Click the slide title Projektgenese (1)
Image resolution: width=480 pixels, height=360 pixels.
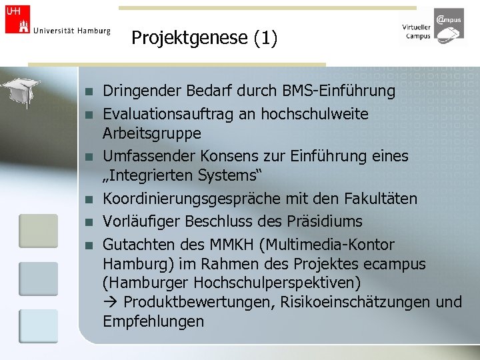[x=204, y=38]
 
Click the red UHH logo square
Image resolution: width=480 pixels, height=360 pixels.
[x=17, y=18]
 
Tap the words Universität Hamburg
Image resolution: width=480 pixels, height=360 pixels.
[x=71, y=31]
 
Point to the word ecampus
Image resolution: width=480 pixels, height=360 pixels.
[x=395, y=265]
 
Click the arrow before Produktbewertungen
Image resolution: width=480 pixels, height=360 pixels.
[x=110, y=302]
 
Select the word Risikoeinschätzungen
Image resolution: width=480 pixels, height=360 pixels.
[x=354, y=302]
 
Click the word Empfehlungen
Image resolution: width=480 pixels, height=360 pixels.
[x=153, y=321]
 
